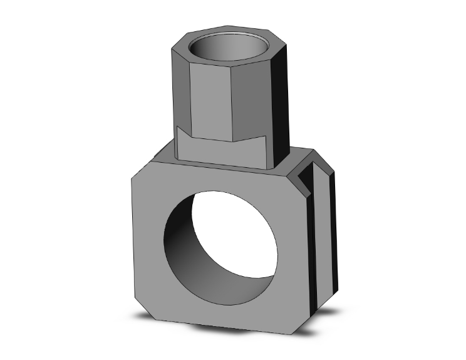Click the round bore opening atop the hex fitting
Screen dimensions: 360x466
point(232,47)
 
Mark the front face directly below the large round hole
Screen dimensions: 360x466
point(219,307)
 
